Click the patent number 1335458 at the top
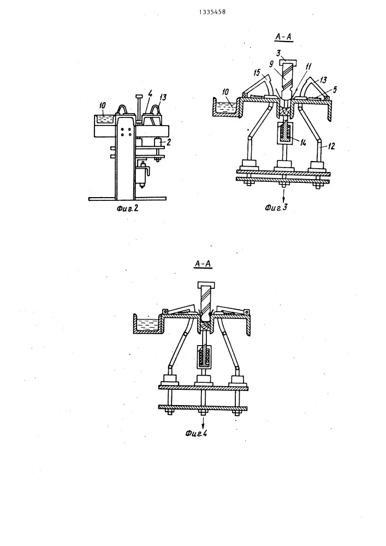(x=212, y=12)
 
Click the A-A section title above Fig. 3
(x=284, y=37)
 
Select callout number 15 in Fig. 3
(x=257, y=74)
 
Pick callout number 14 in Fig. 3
(x=303, y=142)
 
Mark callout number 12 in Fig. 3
(x=331, y=146)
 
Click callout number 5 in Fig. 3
(x=335, y=89)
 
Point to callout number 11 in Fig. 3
(x=308, y=67)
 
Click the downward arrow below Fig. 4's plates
(x=203, y=421)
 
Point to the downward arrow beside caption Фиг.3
(x=284, y=195)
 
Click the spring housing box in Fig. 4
(x=204, y=357)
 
